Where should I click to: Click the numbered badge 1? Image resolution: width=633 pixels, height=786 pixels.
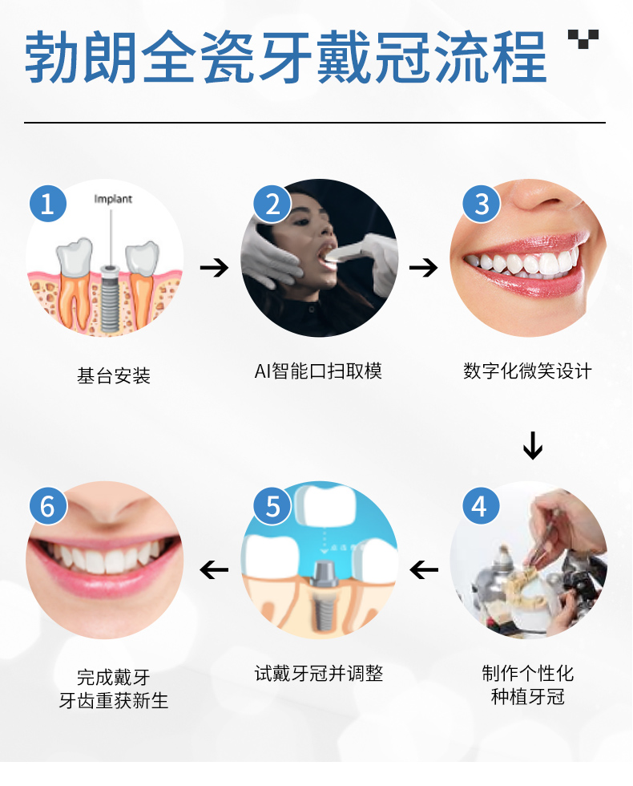(48, 204)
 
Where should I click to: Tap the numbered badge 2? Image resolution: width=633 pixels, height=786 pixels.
(272, 204)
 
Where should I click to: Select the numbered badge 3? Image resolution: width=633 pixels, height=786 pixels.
(482, 204)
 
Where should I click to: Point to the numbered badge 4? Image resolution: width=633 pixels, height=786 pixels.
(481, 506)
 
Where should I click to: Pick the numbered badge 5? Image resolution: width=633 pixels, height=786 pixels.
(272, 506)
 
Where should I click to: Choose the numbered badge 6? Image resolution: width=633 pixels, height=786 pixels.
(48, 506)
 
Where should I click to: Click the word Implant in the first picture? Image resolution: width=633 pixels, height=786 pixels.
(113, 199)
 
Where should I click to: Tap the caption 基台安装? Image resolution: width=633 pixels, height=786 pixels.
(114, 375)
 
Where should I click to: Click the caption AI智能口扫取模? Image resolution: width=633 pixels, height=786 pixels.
(318, 371)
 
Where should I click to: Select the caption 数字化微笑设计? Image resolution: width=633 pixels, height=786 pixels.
(527, 371)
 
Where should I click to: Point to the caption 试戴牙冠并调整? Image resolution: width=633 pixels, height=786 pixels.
(319, 673)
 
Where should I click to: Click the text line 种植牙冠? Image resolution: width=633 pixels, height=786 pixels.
(528, 697)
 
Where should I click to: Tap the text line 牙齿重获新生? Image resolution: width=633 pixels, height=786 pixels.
(114, 700)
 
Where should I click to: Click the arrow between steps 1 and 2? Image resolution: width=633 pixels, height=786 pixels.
(214, 268)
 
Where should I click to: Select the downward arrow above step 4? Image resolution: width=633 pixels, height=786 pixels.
(532, 445)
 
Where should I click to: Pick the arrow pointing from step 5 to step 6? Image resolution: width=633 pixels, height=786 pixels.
(214, 570)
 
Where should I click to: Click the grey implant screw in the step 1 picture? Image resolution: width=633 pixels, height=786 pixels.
(110, 298)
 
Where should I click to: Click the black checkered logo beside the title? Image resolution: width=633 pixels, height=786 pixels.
(583, 38)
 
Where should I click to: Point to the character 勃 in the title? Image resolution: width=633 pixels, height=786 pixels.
(53, 57)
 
